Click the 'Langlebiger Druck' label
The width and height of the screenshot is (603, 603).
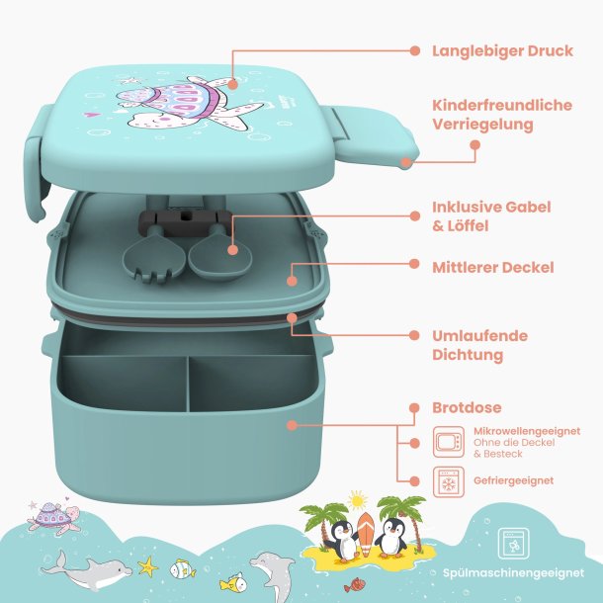pyautogui.click(x=502, y=51)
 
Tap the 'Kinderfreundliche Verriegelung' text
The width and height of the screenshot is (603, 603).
pyautogui.click(x=502, y=115)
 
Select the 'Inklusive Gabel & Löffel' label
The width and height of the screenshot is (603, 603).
pyautogui.click(x=491, y=216)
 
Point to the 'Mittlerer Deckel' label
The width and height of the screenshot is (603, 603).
pyautogui.click(x=493, y=267)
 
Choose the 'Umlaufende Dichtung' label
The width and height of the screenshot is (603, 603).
pyautogui.click(x=479, y=345)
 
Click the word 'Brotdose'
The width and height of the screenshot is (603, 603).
pyautogui.click(x=467, y=407)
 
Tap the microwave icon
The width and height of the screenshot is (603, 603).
pyautogui.click(x=449, y=442)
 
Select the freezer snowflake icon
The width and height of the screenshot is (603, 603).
pyautogui.click(x=449, y=481)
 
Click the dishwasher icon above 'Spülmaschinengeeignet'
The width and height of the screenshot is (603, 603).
pyautogui.click(x=513, y=544)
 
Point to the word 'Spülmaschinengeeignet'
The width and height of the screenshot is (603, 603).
pyautogui.click(x=513, y=573)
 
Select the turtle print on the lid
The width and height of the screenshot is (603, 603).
pyautogui.click(x=184, y=103)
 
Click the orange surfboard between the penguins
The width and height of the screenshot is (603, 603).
pyautogui.click(x=366, y=534)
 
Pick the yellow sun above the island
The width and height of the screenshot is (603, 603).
pyautogui.click(x=357, y=501)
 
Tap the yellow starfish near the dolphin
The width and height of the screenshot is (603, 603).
pyautogui.click(x=147, y=566)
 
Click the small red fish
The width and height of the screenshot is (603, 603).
pyautogui.click(x=353, y=584)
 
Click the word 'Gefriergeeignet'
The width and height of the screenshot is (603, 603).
pyautogui.click(x=513, y=480)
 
